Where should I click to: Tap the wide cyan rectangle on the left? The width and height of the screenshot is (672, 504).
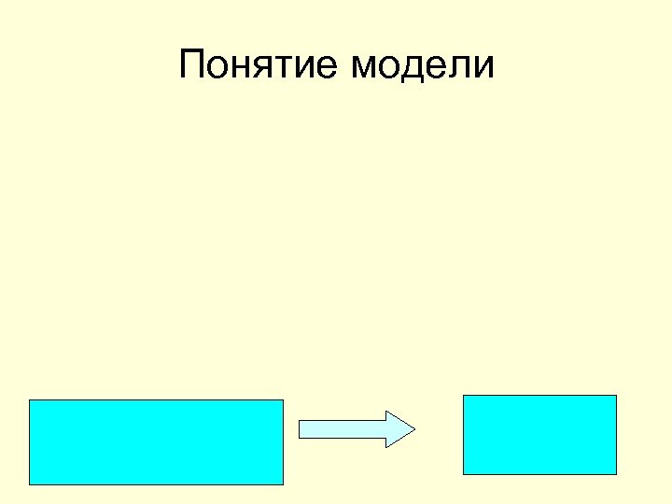[x=156, y=442]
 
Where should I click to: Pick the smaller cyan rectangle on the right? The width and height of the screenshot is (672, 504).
[x=539, y=435]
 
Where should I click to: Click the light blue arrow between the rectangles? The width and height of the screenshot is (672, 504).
[x=355, y=428]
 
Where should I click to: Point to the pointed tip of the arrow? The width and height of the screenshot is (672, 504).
[x=413, y=428]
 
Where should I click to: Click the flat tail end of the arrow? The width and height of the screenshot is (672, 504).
[x=300, y=428]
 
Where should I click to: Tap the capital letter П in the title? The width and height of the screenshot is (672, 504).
[x=191, y=65]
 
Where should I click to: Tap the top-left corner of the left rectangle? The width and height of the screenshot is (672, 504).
[x=30, y=400]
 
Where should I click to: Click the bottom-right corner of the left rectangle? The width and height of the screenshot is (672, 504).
[x=282, y=484]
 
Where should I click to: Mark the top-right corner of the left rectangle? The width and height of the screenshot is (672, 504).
[x=282, y=400]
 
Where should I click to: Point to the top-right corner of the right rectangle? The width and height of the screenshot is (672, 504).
[x=616, y=396]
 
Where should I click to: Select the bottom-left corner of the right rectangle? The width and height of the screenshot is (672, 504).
[x=464, y=474]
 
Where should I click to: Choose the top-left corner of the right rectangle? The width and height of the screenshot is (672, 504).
[x=464, y=396]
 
